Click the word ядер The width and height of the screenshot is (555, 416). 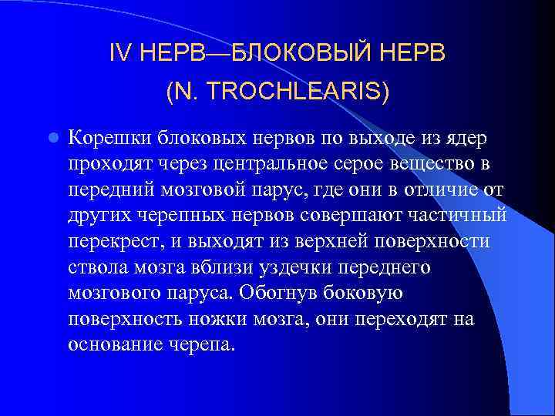(x=468, y=138)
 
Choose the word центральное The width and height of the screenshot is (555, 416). (x=282, y=164)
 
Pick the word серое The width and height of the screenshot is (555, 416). (x=375, y=164)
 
